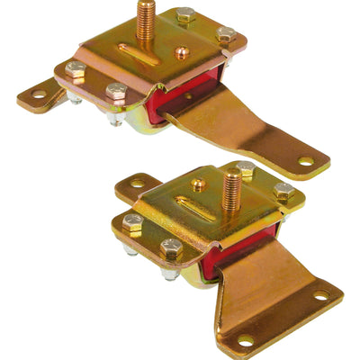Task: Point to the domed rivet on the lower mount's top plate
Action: coord(197,186)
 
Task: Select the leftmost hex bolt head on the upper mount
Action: coord(75,68)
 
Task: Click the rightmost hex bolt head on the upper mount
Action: coord(226,33)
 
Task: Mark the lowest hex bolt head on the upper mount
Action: coord(116,91)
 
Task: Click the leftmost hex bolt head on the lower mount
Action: coord(132,221)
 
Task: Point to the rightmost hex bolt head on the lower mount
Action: coord(283,191)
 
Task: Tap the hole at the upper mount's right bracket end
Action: coord(306,162)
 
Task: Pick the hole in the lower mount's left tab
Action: coord(137,183)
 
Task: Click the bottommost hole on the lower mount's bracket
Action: coord(244,340)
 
